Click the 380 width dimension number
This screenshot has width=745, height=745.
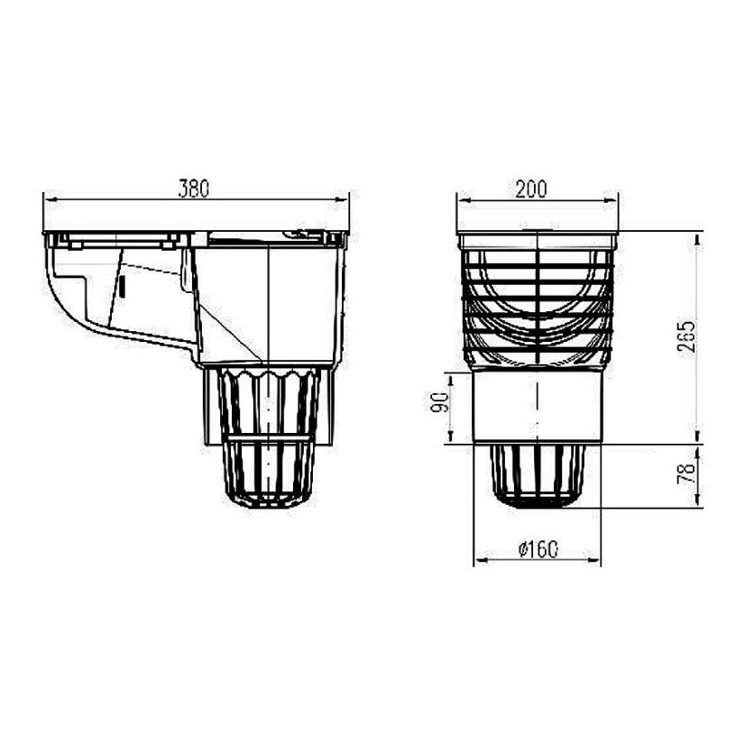pos(193,189)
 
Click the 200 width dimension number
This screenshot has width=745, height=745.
pos(531,189)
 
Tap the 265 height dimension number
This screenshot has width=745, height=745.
pos(686,336)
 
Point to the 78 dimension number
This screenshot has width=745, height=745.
pos(686,474)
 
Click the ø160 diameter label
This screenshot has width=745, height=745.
pos(538,549)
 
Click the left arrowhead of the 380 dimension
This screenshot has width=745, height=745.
pos(51,200)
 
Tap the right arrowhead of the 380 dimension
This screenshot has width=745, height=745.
pos(342,200)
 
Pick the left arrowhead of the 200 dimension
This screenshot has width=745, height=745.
pos(464,200)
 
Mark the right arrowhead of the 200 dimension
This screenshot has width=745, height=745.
pos(611,200)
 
